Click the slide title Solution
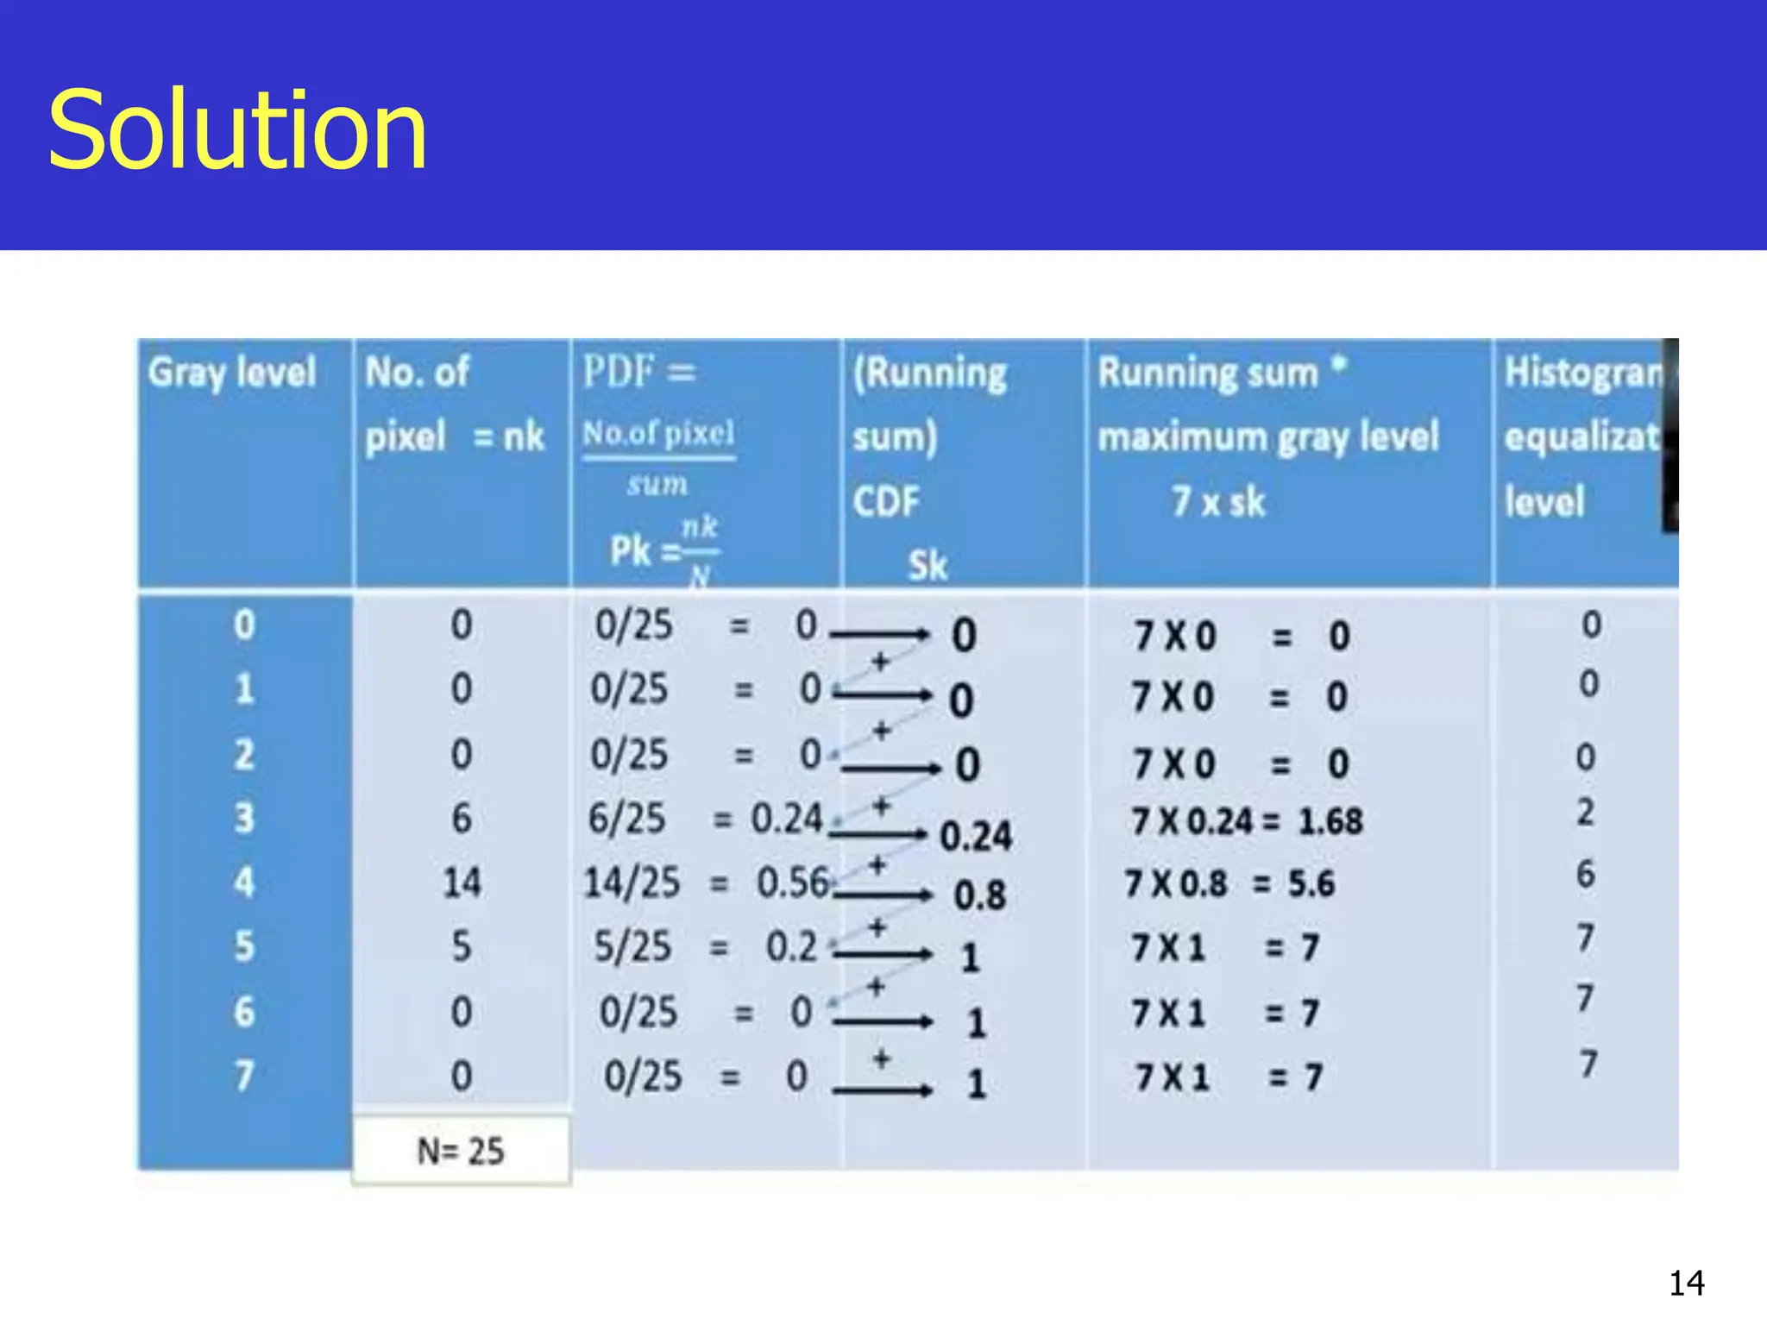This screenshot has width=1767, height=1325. tap(237, 131)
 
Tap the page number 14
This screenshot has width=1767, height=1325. tap(1686, 1284)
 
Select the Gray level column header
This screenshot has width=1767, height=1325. tap(232, 373)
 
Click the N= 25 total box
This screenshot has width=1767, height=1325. tap(461, 1151)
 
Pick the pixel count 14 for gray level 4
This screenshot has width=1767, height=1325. tap(462, 882)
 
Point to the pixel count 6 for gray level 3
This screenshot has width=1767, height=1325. tap(462, 818)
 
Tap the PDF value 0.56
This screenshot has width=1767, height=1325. tap(792, 882)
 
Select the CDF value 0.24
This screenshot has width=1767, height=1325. tap(975, 836)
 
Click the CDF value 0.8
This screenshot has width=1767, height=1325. tap(979, 895)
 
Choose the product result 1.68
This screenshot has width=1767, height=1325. tap(1330, 821)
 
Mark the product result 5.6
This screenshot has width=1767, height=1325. tap(1311, 883)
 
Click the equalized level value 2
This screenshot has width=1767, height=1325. tap(1586, 812)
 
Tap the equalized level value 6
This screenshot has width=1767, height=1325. tap(1586, 874)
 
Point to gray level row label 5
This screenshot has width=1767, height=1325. tap(244, 946)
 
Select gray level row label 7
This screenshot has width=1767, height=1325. tap(244, 1076)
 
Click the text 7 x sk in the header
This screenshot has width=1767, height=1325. tap(1218, 501)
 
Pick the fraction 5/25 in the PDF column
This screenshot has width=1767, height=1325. tap(632, 946)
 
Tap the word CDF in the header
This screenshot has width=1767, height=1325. tap(886, 501)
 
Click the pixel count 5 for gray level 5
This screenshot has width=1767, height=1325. tap(462, 946)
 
